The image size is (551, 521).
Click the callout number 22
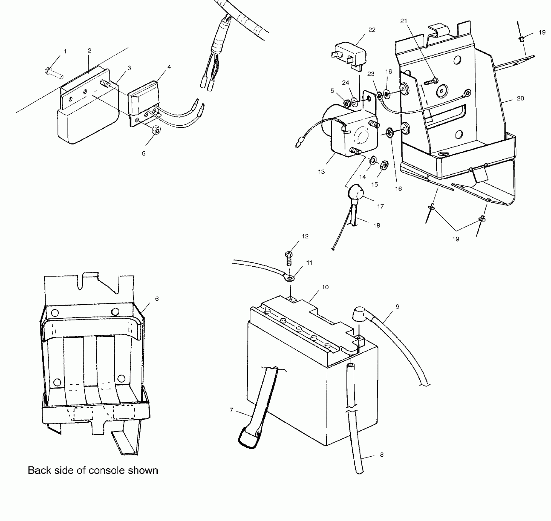372,30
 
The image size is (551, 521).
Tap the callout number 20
520,98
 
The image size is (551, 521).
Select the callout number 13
321,172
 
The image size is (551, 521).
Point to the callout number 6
157,299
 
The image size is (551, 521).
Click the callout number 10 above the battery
325,287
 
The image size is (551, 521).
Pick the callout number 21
404,21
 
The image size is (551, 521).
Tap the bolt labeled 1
53,73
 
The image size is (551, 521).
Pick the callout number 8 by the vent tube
382,455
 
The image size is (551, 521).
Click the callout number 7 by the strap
231,410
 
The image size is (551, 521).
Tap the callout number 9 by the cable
398,306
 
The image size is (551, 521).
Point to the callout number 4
169,67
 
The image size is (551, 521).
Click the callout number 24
345,83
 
